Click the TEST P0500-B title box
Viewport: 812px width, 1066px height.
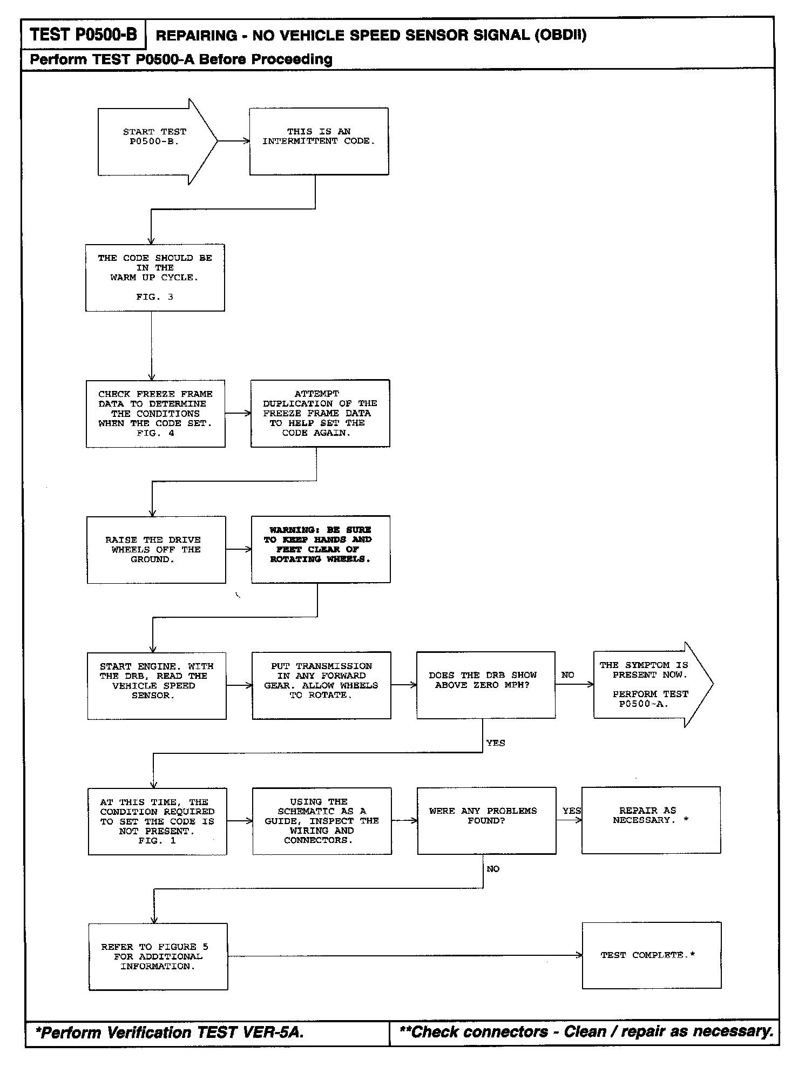pyautogui.click(x=84, y=35)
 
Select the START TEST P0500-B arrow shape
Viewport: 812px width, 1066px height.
pyautogui.click(x=154, y=141)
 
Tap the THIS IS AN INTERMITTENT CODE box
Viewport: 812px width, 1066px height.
pyautogui.click(x=319, y=141)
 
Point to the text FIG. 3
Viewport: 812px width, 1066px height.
pyautogui.click(x=154, y=297)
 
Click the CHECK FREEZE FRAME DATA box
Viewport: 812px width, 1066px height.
pyautogui.click(x=155, y=414)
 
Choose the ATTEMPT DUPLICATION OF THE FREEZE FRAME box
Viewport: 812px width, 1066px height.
pyautogui.click(x=320, y=414)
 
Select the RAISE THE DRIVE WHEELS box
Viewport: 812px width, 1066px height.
pyautogui.click(x=156, y=550)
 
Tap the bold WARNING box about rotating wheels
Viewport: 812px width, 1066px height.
pyautogui.click(x=321, y=549)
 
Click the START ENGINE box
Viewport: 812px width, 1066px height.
pyautogui.click(x=157, y=685)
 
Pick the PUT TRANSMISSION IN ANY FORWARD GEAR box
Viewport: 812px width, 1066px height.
pyautogui.click(x=321, y=685)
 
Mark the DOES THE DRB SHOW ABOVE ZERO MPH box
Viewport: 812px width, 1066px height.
pyautogui.click(x=485, y=685)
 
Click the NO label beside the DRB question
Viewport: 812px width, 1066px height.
pyautogui.click(x=568, y=675)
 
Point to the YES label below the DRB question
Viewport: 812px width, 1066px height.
pyautogui.click(x=496, y=743)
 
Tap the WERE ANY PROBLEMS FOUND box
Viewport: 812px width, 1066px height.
pyautogui.click(x=486, y=820)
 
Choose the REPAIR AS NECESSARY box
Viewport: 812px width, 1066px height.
pyautogui.click(x=651, y=820)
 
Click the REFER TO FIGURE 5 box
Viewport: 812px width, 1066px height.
pyautogui.click(x=158, y=956)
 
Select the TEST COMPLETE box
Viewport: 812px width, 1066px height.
pyautogui.click(x=651, y=955)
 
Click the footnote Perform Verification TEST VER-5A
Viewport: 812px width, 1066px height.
pyautogui.click(x=170, y=1033)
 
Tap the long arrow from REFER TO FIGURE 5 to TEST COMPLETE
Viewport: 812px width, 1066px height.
pyautogui.click(x=405, y=956)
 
